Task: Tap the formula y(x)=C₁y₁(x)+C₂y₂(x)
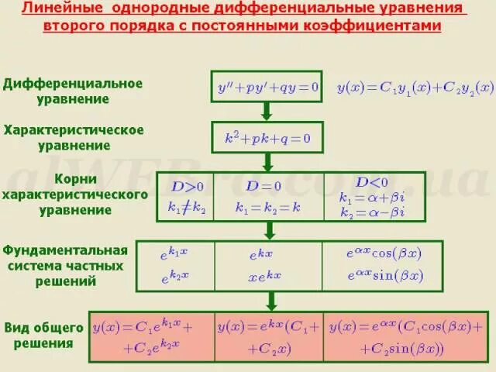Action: coord(415,88)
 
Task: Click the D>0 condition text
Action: coord(188,186)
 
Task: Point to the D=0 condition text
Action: coord(263,186)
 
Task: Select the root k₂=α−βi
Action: coord(372,212)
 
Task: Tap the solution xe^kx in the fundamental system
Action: coord(264,276)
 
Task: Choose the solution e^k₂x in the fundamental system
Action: coord(174,275)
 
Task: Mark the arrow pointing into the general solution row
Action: coord(272,301)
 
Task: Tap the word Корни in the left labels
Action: coord(76,179)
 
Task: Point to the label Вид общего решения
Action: coord(43,335)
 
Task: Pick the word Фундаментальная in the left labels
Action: coord(65,250)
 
